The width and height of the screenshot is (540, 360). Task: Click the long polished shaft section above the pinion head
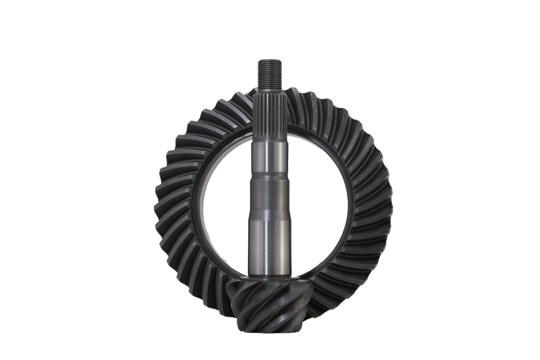(x=270, y=245)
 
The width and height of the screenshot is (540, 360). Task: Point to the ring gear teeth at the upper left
(x=198, y=127)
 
